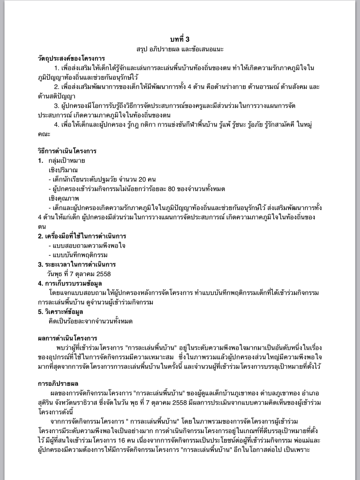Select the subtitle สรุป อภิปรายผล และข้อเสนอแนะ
[180, 48]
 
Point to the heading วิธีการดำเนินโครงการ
[67, 151]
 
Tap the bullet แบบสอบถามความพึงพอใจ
[89, 245]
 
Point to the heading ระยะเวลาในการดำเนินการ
[80, 264]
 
